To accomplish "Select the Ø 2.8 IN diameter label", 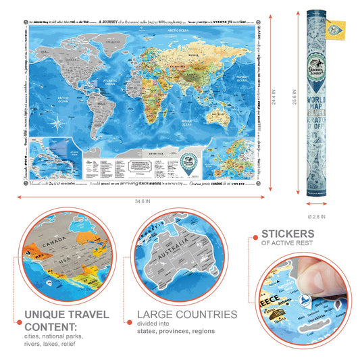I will (x=317, y=217).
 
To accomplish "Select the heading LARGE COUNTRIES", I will (x=186, y=314).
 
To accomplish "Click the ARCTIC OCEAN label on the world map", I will (x=178, y=30).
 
